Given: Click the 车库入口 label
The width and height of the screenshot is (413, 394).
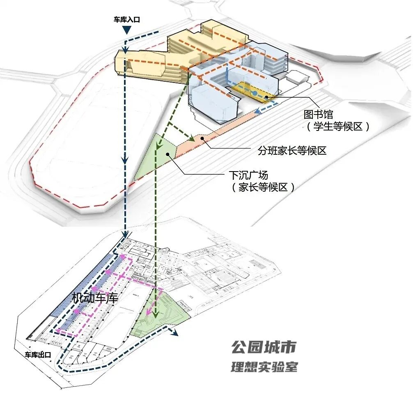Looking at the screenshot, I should coord(127,19).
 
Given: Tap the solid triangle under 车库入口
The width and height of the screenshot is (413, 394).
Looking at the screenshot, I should coord(127,30).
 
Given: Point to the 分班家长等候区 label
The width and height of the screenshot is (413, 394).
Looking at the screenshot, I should coord(292,151).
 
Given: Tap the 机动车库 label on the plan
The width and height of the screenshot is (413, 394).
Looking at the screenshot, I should coord(95,298).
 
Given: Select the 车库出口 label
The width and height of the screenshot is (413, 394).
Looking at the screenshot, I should coord(38,355).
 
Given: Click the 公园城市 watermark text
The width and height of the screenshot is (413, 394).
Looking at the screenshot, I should coord(263,348).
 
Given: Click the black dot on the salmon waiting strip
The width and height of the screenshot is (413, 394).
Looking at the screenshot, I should coord(202,139).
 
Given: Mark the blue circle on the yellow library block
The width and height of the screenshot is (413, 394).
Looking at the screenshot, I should coord(255,94).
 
